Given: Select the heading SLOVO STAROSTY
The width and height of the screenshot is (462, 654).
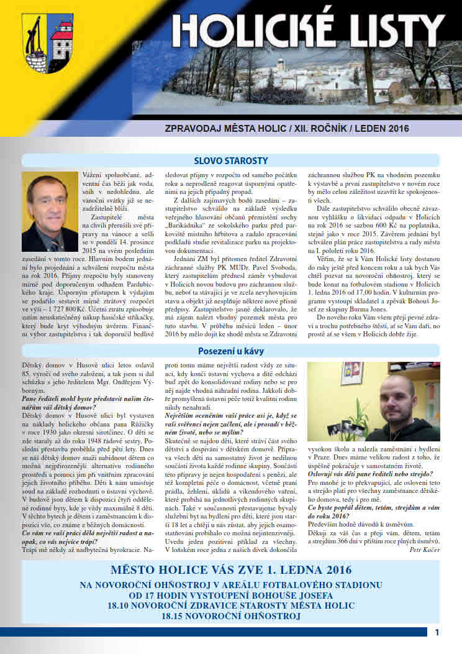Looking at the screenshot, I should [x=230, y=160].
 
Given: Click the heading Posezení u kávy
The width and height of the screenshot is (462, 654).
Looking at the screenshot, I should [x=230, y=351].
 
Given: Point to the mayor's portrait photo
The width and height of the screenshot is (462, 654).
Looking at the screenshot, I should [x=50, y=211].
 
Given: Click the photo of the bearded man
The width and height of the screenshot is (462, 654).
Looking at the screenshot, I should [x=373, y=402].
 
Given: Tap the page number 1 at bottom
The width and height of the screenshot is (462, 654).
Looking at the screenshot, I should [x=437, y=632].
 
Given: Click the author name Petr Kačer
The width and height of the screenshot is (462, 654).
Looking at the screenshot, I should [x=425, y=550].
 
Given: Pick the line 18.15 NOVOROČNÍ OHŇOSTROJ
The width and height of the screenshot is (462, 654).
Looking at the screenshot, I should [x=231, y=617].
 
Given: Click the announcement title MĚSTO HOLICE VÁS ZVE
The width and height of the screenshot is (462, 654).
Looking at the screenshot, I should [x=231, y=570].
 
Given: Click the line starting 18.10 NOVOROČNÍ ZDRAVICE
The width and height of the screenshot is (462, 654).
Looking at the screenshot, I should [x=231, y=606].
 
